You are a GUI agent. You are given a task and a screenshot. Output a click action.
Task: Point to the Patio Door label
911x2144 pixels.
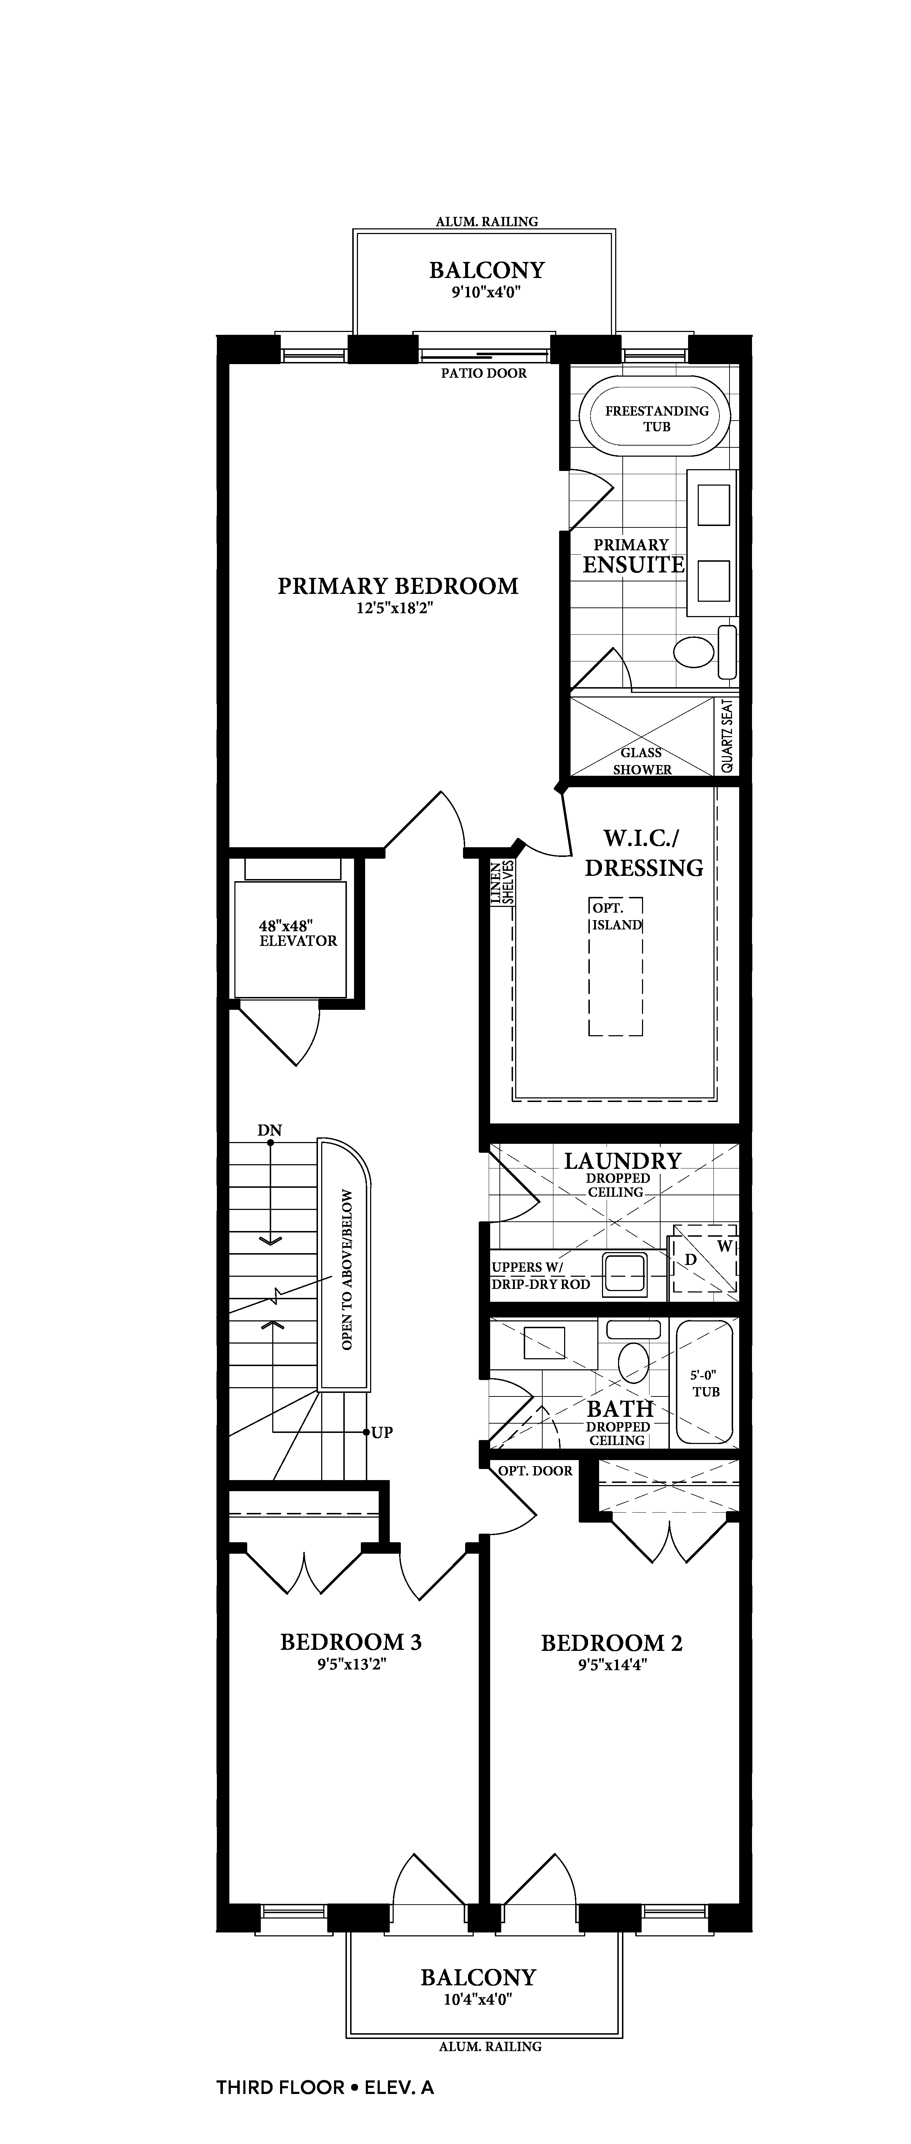click(x=483, y=373)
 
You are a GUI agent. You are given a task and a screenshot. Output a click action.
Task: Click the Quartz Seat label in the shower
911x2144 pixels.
click(x=727, y=736)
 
